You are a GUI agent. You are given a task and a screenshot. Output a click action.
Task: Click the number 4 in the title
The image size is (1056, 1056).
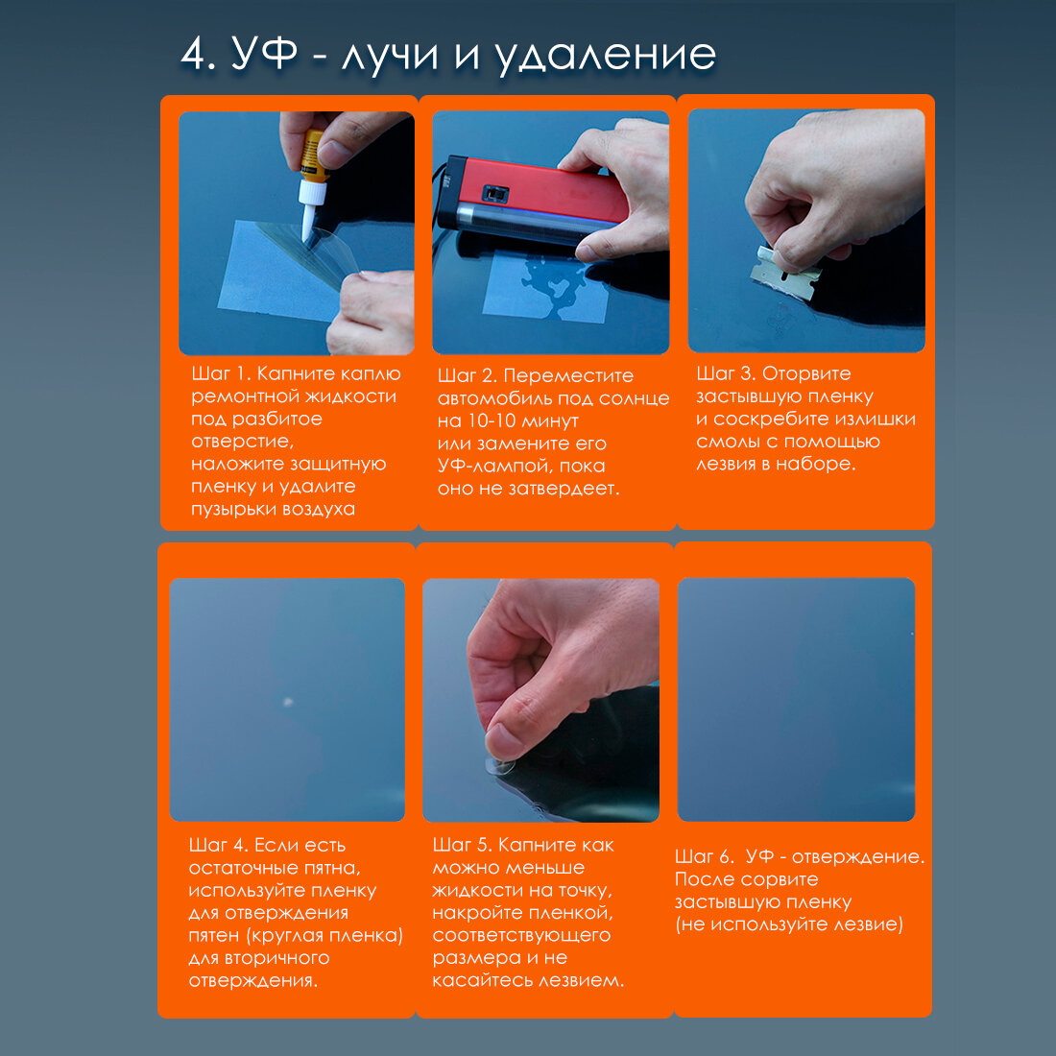tap(198, 53)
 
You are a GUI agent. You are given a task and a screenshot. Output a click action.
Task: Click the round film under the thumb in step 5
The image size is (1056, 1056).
tap(502, 766)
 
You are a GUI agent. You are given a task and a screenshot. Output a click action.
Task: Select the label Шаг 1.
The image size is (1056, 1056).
tap(220, 373)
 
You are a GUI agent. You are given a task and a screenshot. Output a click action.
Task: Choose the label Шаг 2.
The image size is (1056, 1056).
tap(467, 375)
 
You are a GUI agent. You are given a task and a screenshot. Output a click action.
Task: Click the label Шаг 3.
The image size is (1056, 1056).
tap(726, 373)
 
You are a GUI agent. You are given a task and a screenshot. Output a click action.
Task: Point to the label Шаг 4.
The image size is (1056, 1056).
tap(218, 845)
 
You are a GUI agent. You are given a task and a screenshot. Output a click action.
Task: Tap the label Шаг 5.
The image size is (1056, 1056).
tap(462, 845)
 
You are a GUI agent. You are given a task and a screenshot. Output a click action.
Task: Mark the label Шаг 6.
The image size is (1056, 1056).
tap(704, 856)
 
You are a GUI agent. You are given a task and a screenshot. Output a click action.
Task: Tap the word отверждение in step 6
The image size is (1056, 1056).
tap(858, 857)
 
